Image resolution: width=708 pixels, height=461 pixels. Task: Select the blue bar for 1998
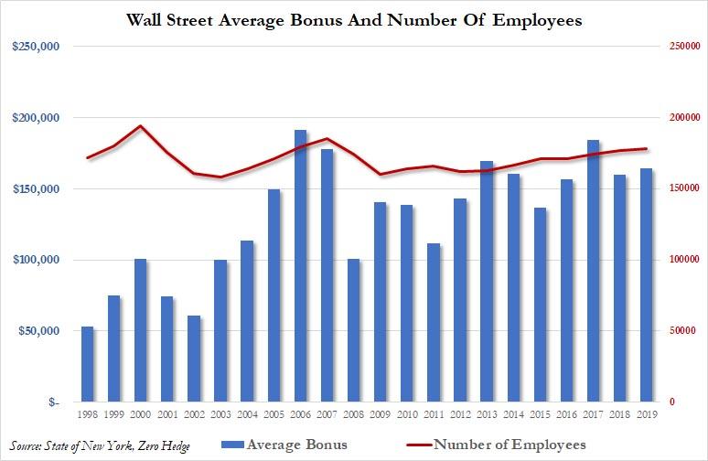click(x=88, y=364)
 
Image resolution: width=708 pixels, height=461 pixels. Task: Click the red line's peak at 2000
click(x=141, y=126)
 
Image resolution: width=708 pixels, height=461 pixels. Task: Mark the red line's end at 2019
click(x=646, y=149)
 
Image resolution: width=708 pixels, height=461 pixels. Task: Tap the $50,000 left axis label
click(x=36, y=331)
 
